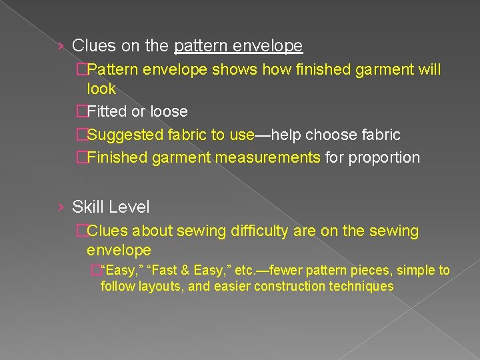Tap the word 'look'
tap(101, 89)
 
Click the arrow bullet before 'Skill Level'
tap(61, 208)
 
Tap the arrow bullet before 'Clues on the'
tap(61, 47)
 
